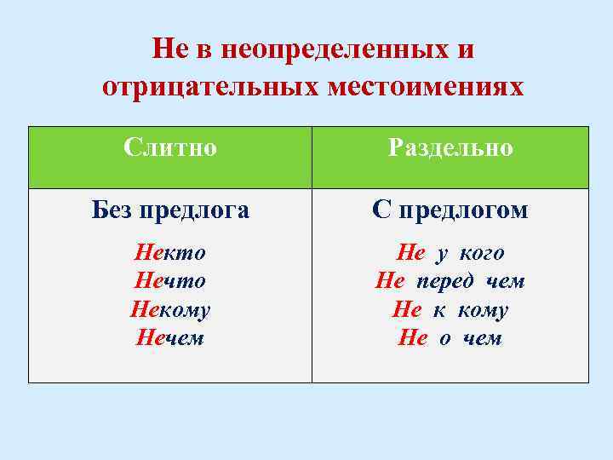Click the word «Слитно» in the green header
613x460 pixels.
click(x=169, y=148)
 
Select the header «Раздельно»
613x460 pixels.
click(x=450, y=148)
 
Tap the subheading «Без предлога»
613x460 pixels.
click(x=170, y=210)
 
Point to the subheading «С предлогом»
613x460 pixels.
click(x=450, y=210)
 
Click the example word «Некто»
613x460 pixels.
click(x=170, y=253)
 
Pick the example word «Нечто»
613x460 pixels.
click(x=170, y=281)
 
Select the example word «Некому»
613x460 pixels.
click(x=170, y=310)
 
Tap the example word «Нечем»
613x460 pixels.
click(x=170, y=338)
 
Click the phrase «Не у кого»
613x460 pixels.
click(x=450, y=253)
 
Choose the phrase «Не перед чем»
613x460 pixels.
click(x=450, y=281)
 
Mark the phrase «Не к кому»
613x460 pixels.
click(x=450, y=310)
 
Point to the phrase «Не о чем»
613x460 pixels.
click(x=450, y=338)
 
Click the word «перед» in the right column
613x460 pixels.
click(x=448, y=281)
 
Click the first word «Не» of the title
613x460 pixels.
click(x=167, y=50)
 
